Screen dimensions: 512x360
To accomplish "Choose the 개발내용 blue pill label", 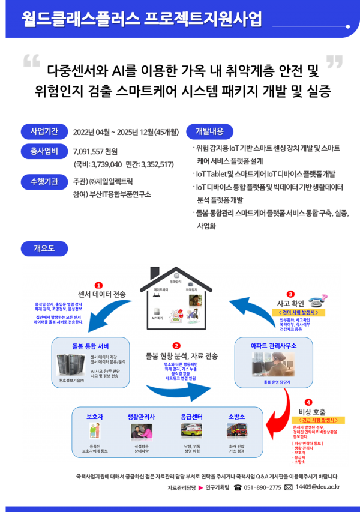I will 209,131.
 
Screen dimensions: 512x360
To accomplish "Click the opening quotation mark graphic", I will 31,61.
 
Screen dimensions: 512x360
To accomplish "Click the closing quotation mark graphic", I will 334,61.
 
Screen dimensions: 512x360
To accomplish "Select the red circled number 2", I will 176,346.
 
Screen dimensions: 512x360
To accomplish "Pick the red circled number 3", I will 290,294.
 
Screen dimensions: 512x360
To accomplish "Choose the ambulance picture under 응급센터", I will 191,430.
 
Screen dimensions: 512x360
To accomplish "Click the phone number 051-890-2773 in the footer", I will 262,487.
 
